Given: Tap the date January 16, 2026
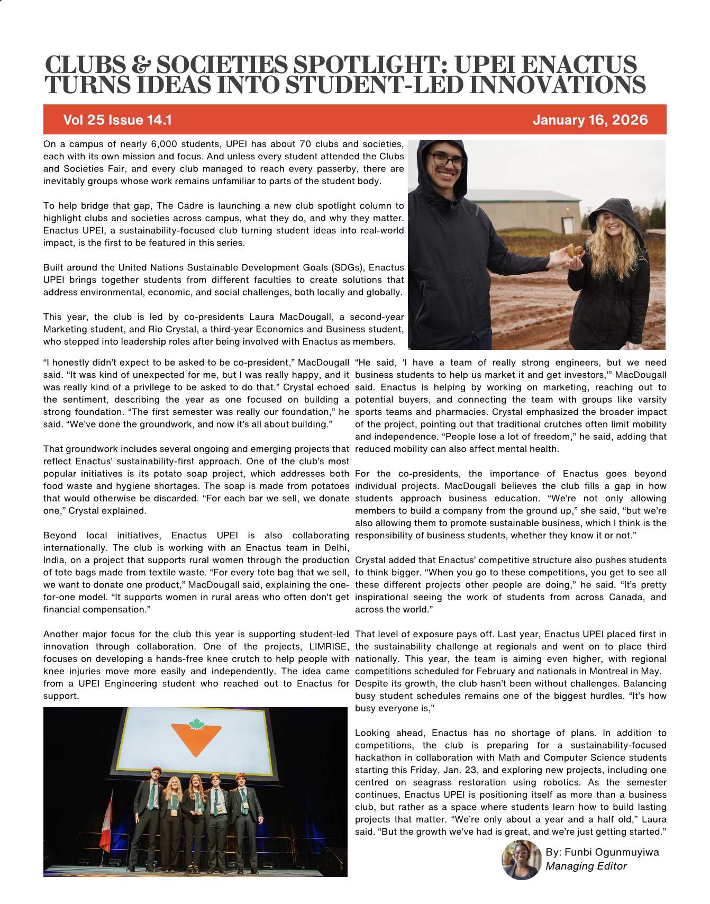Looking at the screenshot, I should click(590, 120).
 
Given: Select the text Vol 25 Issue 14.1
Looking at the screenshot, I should click(117, 120).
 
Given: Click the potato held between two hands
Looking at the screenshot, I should click(574, 250).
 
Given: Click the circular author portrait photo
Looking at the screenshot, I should click(522, 860).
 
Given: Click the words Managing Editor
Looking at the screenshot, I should click(586, 866).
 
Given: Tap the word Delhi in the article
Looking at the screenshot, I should click(336, 547).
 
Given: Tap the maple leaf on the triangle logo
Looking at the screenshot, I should click(196, 724).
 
